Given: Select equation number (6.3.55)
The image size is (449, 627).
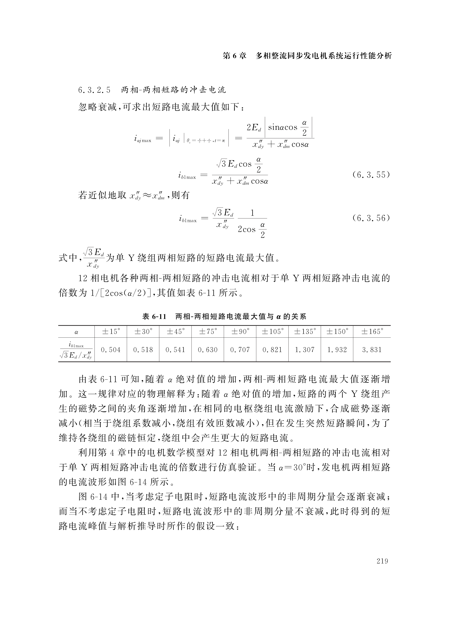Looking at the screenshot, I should [x=371, y=175].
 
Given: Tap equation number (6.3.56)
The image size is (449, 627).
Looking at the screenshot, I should [x=371, y=218].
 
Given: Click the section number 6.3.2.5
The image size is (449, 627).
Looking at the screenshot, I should [x=94, y=90].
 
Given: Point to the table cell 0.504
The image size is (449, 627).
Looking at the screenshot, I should [x=110, y=350].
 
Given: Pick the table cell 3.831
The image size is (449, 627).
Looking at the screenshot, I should [x=372, y=350].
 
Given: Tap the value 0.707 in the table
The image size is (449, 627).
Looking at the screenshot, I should [x=240, y=350].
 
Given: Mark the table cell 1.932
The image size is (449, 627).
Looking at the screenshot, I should [x=337, y=350].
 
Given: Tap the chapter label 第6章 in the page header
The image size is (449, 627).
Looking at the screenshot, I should [x=234, y=56].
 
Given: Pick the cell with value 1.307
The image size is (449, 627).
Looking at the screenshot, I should [x=305, y=350].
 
